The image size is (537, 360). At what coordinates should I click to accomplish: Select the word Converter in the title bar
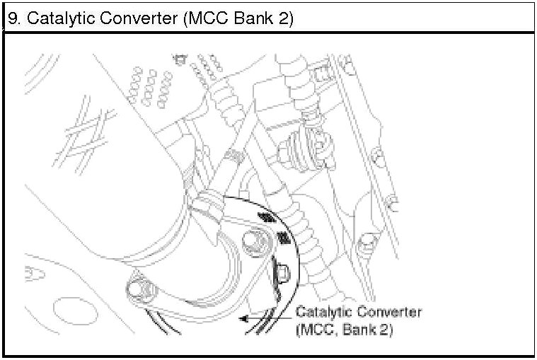137,18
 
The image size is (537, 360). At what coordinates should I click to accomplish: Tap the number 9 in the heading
12,18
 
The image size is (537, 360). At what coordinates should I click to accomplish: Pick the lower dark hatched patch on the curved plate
284,240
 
